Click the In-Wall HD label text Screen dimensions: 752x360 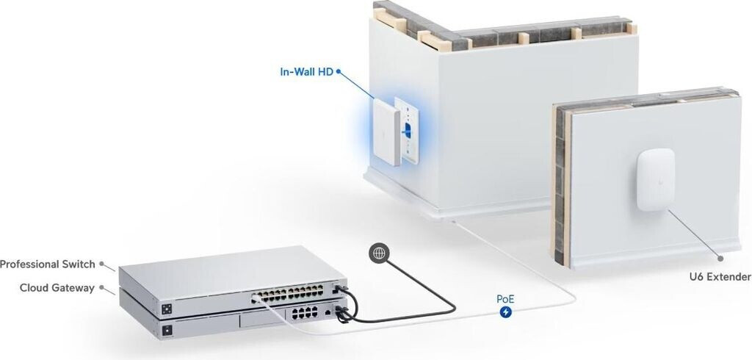(306, 72)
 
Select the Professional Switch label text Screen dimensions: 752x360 (48, 264)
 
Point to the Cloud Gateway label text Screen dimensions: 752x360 (57, 288)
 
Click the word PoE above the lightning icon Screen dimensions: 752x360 (505, 299)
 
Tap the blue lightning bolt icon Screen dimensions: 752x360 (505, 312)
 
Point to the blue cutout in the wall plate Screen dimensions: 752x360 (405, 129)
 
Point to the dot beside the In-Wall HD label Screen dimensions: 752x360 (339, 73)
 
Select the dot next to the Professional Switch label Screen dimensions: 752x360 (102, 263)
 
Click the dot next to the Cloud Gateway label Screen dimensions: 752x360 (101, 287)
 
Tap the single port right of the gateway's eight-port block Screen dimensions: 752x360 (326, 312)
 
